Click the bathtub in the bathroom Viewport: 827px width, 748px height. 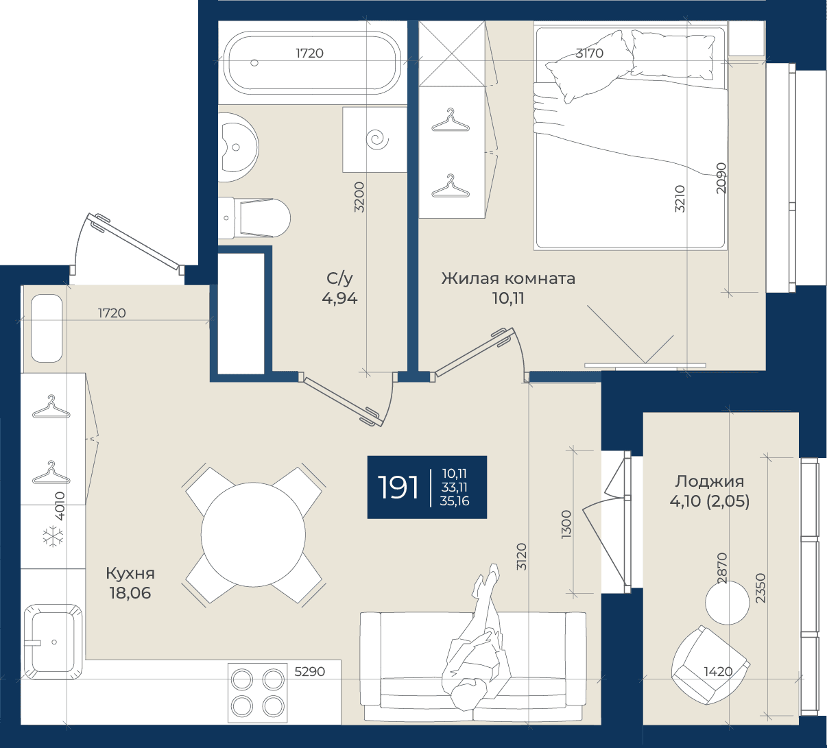click(x=312, y=62)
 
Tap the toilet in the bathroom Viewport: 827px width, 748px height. click(x=254, y=218)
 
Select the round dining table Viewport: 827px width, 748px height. click(x=254, y=535)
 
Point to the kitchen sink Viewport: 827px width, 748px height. click(x=52, y=642)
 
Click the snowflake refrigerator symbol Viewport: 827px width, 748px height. click(x=54, y=536)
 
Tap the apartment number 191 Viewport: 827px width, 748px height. click(x=398, y=487)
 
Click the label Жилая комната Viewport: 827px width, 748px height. click(x=508, y=278)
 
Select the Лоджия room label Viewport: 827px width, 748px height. click(x=709, y=481)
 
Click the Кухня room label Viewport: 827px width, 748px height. click(x=130, y=573)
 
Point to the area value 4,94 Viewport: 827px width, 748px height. click(x=339, y=298)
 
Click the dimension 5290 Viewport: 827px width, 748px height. click(x=309, y=672)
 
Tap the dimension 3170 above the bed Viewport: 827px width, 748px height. click(x=590, y=53)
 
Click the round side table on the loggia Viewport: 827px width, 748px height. click(x=727, y=603)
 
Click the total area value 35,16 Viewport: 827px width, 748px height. click(x=455, y=501)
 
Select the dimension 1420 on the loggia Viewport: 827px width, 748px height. click(x=718, y=672)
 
